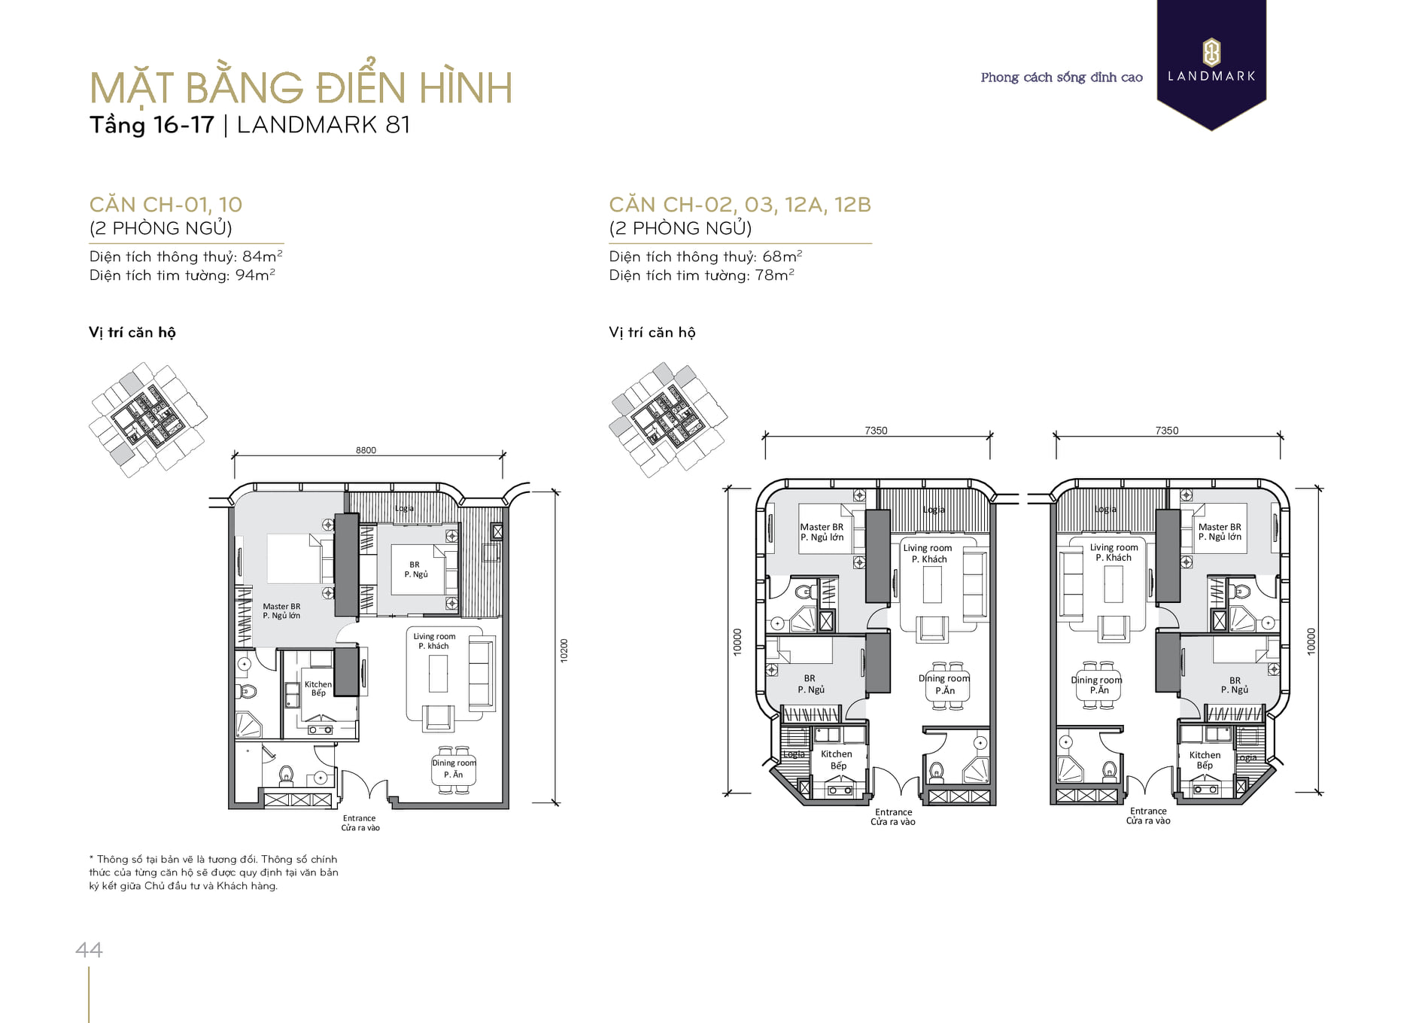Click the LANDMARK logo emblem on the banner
[x=1211, y=53]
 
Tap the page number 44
[x=89, y=950]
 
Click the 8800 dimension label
[x=366, y=450]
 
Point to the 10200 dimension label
[x=564, y=650]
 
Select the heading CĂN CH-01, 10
[x=166, y=204]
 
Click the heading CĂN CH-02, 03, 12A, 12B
[x=740, y=204]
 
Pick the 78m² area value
[x=775, y=275]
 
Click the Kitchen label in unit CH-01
[x=318, y=684]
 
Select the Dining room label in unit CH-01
[x=454, y=763]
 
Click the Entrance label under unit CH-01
[x=359, y=818]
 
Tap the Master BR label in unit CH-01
[x=281, y=606]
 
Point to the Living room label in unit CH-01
[x=434, y=636]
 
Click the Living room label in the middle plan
[x=928, y=548]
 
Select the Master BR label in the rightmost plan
[x=1220, y=527]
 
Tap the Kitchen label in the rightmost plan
[x=1205, y=755]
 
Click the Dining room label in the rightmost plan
[x=1096, y=680]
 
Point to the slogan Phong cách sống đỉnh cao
[x=1062, y=77]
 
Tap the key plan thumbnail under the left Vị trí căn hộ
[x=148, y=419]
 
